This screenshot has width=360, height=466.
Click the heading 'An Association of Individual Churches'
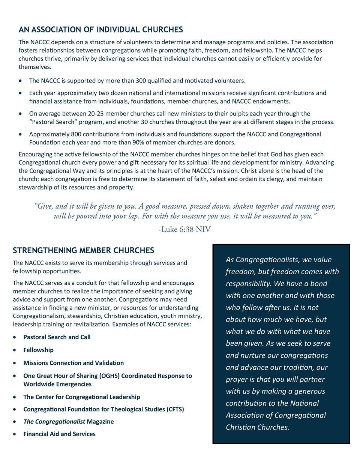pyautogui.click(x=101, y=30)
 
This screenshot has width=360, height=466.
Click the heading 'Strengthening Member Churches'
pyautogui.click(x=83, y=250)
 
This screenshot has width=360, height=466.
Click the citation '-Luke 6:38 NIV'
pyautogui.click(x=184, y=229)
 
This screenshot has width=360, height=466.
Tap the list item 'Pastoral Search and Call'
pyautogui.click(x=57, y=337)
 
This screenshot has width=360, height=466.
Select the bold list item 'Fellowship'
pyautogui.click(x=38, y=350)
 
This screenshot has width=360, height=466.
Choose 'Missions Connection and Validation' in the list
pyautogui.click(x=73, y=363)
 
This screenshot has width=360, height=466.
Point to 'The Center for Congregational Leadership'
pyautogui.click(x=82, y=397)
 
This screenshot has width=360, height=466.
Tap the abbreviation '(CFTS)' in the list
pyautogui.click(x=175, y=409)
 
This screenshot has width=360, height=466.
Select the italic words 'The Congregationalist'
pyautogui.click(x=54, y=421)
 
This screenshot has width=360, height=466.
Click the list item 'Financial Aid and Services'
pyautogui.click(x=59, y=434)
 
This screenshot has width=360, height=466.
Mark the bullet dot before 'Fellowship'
pyautogui.click(x=14, y=350)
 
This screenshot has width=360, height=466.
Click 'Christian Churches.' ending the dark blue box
pyautogui.click(x=257, y=427)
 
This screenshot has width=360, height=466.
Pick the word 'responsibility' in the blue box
pyautogui.click(x=250, y=284)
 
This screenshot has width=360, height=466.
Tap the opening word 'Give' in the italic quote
pyautogui.click(x=45, y=206)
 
